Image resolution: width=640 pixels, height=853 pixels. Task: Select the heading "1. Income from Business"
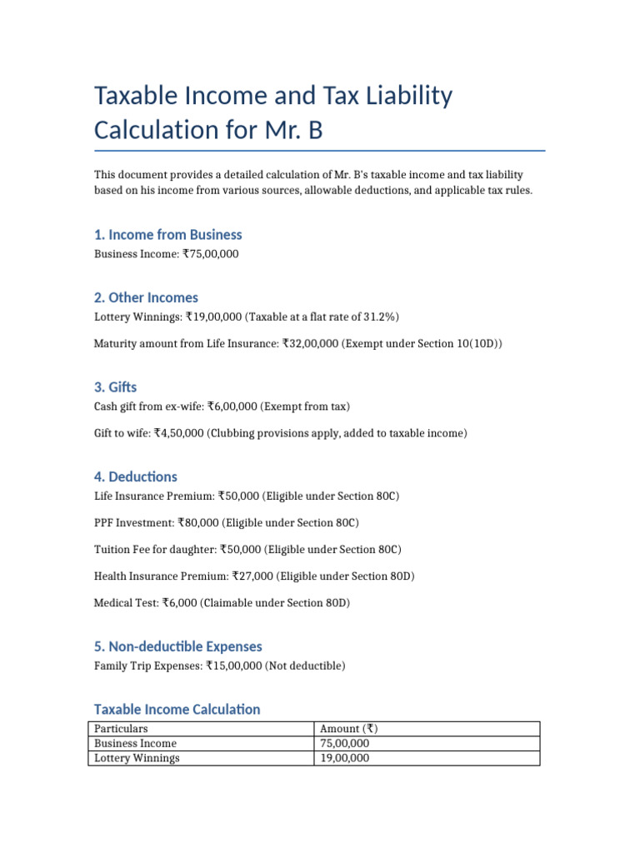click(168, 235)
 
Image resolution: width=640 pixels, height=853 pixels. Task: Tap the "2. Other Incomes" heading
click(146, 297)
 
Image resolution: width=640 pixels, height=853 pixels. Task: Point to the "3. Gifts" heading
click(115, 387)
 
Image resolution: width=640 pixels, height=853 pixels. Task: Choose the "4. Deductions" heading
click(135, 477)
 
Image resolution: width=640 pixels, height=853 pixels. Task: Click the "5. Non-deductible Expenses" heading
click(177, 646)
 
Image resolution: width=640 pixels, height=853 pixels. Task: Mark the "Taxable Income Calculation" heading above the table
click(177, 710)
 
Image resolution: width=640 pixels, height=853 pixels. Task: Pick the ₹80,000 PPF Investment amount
click(199, 523)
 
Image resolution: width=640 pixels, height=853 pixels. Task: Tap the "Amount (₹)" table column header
click(348, 729)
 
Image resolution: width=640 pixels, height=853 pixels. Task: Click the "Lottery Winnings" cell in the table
click(137, 759)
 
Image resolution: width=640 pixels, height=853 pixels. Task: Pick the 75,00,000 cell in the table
click(345, 744)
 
